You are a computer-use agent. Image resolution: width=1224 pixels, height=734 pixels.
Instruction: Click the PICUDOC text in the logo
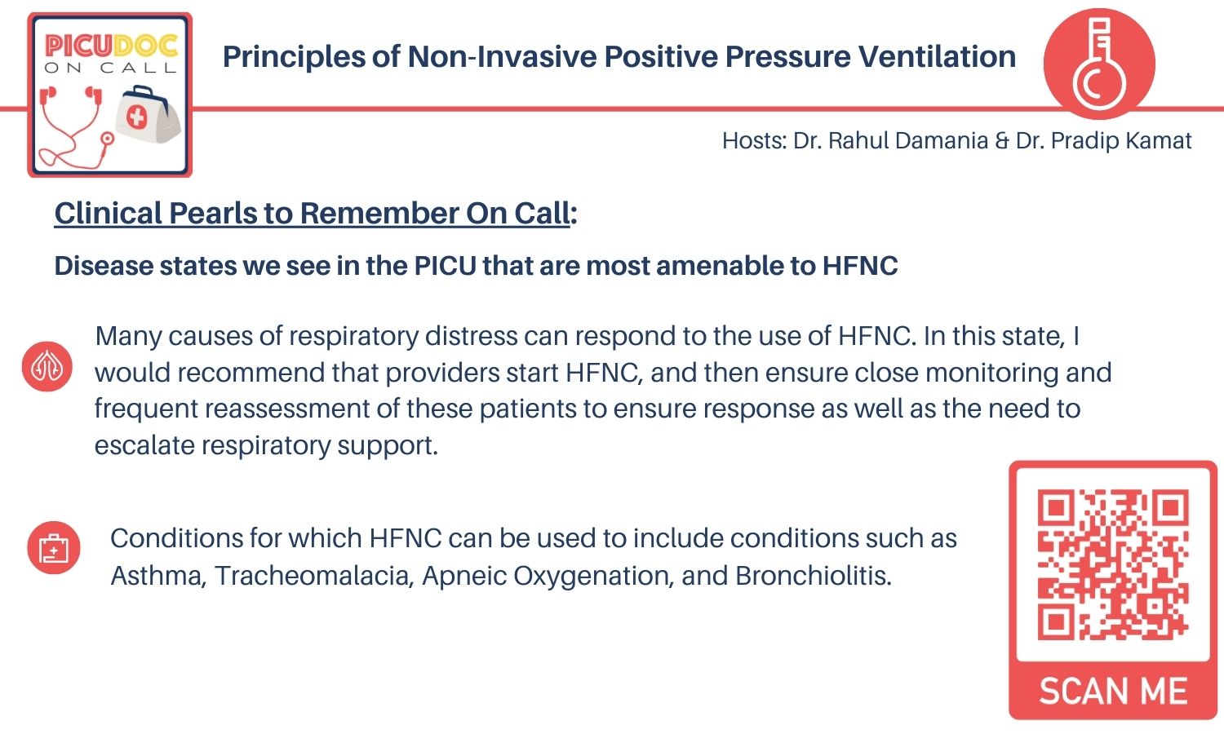click(x=110, y=45)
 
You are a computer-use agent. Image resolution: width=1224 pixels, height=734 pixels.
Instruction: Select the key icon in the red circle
click(x=1098, y=64)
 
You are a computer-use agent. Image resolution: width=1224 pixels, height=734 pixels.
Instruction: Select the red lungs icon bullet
click(x=47, y=366)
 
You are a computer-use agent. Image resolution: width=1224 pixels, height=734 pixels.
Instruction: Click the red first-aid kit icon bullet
click(x=53, y=547)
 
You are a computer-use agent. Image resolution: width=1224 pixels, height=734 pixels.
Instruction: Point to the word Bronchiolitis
click(x=813, y=576)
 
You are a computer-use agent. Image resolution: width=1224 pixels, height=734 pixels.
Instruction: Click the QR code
click(x=1112, y=564)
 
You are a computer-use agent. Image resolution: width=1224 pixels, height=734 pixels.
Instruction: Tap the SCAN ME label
click(x=1112, y=692)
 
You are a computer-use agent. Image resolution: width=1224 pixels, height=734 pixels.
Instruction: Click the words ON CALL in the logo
click(x=110, y=68)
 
